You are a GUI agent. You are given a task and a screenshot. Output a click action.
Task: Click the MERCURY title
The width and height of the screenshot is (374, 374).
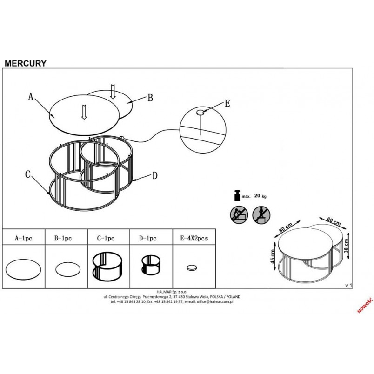[x=26, y=63]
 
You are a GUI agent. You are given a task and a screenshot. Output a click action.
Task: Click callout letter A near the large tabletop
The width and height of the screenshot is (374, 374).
[x=31, y=97]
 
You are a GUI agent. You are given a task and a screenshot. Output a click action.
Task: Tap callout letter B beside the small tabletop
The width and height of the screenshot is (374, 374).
[x=150, y=98]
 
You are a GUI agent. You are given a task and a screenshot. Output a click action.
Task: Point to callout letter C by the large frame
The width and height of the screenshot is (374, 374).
[x=28, y=174]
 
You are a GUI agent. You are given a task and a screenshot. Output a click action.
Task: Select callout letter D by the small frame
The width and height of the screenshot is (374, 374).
[x=155, y=176]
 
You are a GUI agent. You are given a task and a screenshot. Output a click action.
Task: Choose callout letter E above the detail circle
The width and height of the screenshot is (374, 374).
[x=227, y=104]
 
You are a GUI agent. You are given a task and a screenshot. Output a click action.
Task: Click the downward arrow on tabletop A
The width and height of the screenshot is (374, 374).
[x=84, y=112]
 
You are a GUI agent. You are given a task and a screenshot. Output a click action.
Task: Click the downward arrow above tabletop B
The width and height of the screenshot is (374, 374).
[x=113, y=91]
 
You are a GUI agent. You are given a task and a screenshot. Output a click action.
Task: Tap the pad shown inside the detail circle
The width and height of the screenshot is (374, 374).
[x=200, y=112]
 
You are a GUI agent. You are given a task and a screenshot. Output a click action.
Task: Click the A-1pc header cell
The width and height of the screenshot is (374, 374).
[x=23, y=238]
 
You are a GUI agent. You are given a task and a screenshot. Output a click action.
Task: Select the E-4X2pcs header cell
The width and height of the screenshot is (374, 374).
[x=194, y=238]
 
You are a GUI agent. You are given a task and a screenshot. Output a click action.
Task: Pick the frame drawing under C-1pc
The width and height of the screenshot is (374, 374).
[x=107, y=266]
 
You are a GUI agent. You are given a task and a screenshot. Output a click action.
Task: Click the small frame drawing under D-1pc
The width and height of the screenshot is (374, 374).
[x=151, y=265]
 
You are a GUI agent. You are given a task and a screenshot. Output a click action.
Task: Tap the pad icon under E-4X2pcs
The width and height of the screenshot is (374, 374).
[x=192, y=268]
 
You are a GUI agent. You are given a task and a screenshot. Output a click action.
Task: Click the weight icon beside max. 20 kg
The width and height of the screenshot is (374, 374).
[x=238, y=195]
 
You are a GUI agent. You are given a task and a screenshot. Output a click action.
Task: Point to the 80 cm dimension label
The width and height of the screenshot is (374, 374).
[x=286, y=228]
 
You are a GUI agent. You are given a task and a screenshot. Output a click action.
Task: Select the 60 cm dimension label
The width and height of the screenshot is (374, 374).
[x=334, y=221]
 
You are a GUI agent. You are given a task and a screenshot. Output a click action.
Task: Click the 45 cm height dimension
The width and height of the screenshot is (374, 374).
[x=273, y=256]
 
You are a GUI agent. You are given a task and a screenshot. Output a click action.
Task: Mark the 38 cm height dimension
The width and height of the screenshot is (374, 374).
[x=347, y=246]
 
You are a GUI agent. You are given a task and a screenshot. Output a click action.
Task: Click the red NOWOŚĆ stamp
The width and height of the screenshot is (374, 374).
[x=365, y=305]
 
